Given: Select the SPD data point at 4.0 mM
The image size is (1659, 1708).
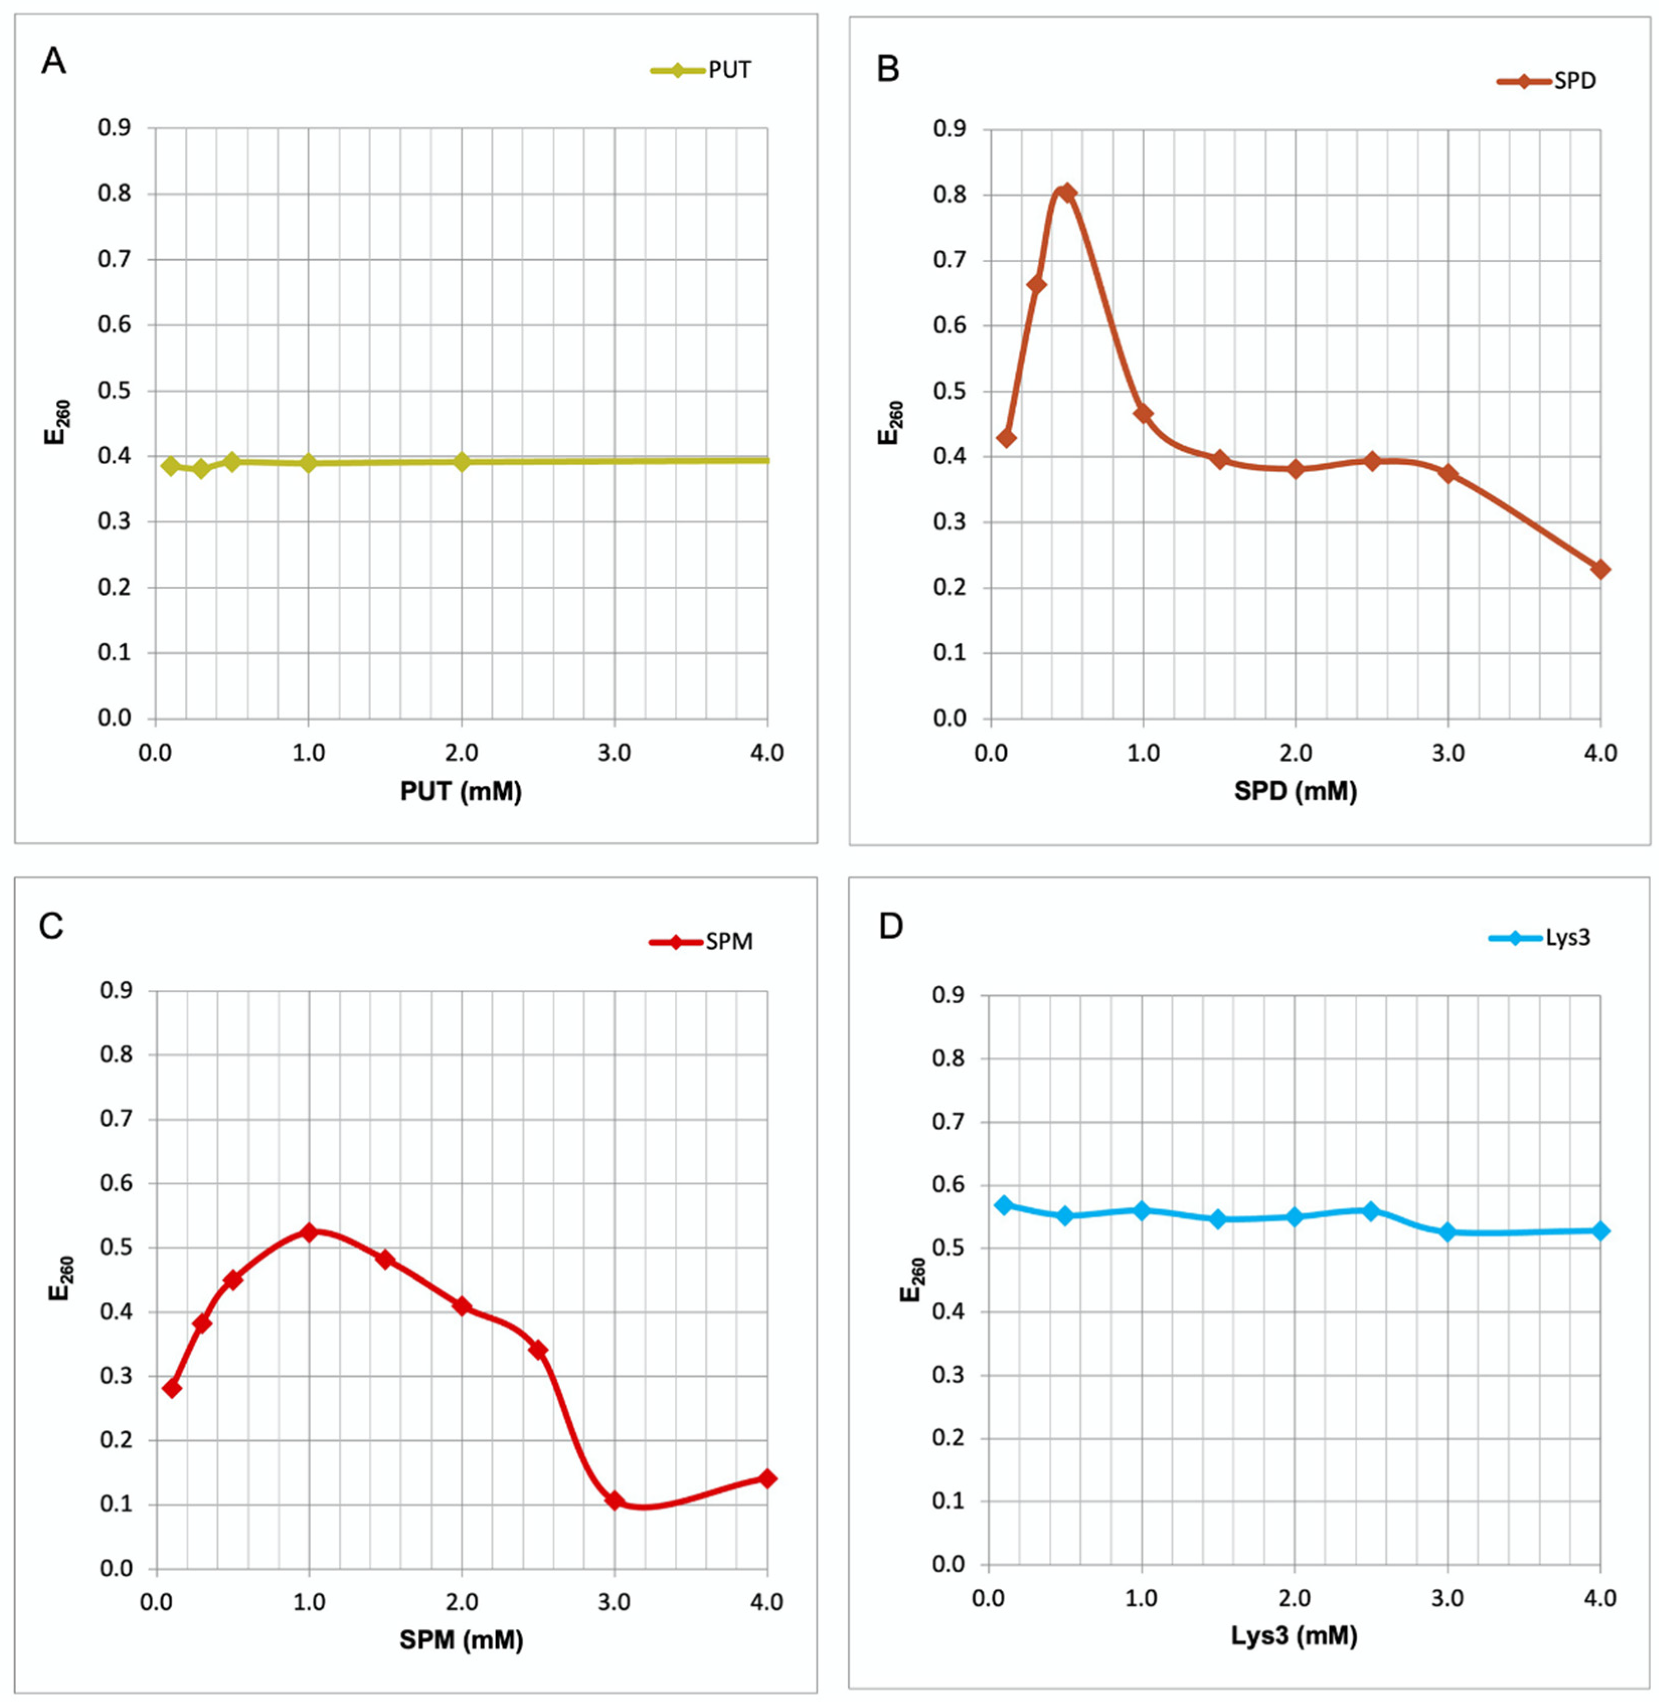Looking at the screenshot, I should click(x=1600, y=569).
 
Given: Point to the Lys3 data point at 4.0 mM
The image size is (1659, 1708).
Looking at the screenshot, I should click(x=1600, y=1230).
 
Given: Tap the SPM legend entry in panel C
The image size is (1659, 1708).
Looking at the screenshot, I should click(x=702, y=941).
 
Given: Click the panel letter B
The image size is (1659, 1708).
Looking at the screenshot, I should click(x=888, y=68).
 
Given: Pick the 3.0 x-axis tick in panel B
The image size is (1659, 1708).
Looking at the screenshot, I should click(x=1447, y=753).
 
